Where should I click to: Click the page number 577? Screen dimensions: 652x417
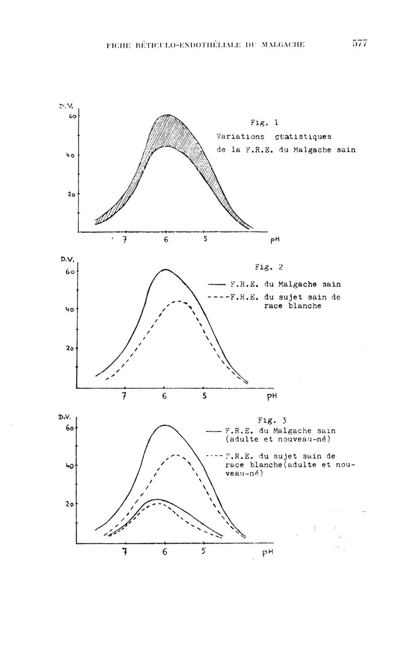click(360, 44)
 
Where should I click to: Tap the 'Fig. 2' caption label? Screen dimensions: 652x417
click(269, 267)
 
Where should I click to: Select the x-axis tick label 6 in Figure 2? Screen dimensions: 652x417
click(164, 396)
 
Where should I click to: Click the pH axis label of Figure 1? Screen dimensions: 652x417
click(275, 240)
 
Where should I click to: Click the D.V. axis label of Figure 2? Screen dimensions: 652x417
click(69, 259)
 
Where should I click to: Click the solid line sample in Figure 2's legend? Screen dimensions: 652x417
click(215, 285)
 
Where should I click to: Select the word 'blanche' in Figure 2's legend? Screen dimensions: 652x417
click(305, 306)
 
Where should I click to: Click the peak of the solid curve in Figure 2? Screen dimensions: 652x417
click(165, 270)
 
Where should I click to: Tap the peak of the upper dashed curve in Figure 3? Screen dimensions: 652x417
click(176, 455)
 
